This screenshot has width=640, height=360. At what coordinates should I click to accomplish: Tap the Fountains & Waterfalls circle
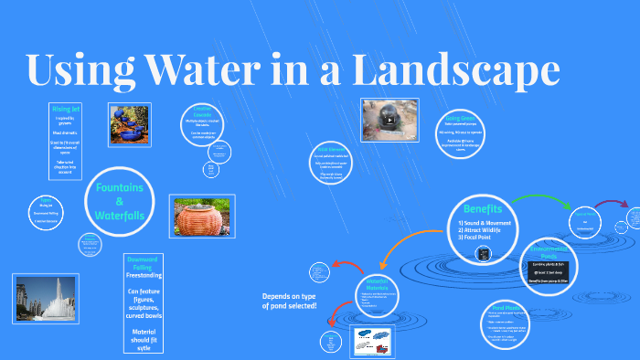[120, 200]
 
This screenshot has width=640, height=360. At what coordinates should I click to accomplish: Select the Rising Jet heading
[66, 108]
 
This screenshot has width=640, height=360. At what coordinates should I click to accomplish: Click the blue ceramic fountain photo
[129, 124]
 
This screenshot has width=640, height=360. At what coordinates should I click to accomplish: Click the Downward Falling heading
[144, 264]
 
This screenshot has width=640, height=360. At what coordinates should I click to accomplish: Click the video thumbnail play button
[389, 119]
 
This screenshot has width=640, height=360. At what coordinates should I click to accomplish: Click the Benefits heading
[484, 208]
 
